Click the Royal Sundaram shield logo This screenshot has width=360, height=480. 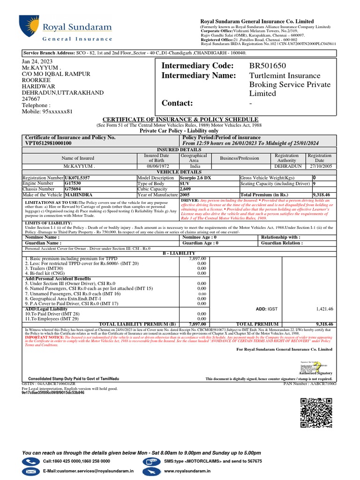click(26, 29)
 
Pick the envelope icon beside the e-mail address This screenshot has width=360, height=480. click(30, 471)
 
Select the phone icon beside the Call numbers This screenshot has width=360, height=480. click(30, 462)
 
